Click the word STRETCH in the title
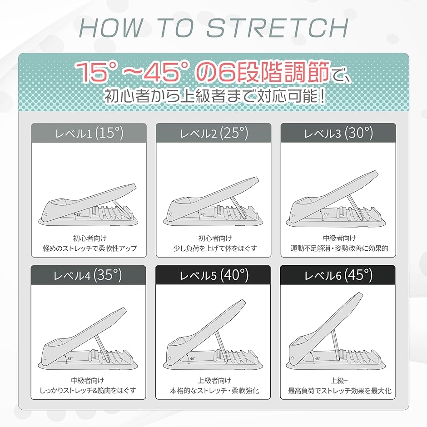277,28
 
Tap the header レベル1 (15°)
89,133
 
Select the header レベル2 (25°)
214,133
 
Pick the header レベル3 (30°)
338,133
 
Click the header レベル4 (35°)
88,275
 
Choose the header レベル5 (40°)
214,275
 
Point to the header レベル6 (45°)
338,275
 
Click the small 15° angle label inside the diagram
79,214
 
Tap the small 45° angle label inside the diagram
317,359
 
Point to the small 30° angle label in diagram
326,215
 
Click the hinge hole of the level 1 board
46,214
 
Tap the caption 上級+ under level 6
339,380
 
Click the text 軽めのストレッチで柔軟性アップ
89,248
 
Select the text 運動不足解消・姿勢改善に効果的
339,248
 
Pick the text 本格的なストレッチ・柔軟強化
214,391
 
